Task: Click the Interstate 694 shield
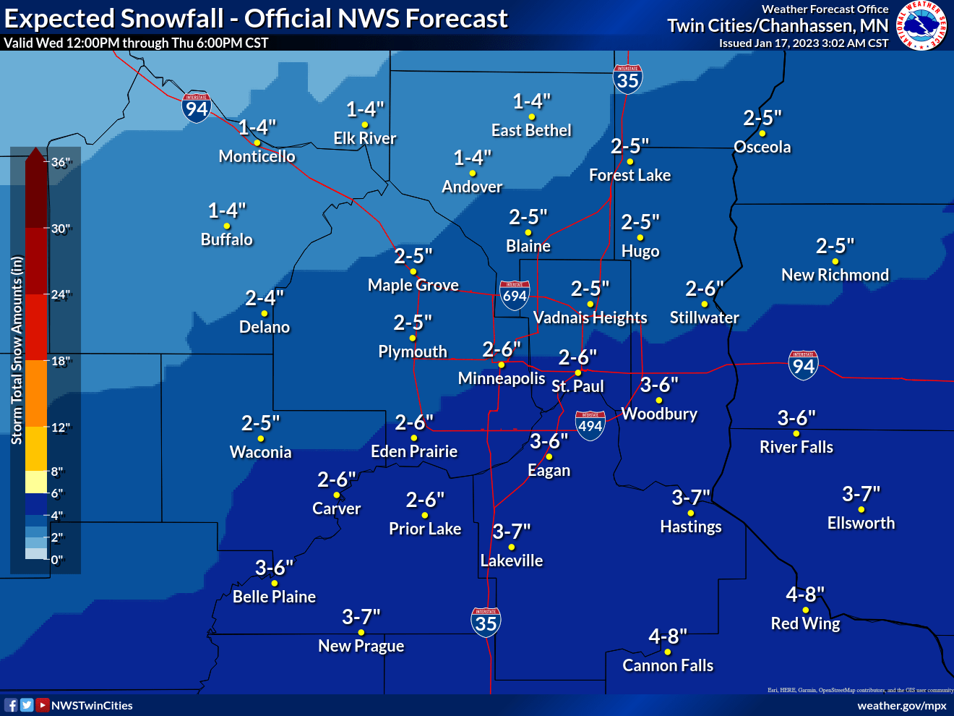[515, 295]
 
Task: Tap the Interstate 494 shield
[590, 425]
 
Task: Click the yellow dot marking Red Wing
[805, 610]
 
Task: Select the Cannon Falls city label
[668, 665]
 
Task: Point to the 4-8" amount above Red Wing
[805, 594]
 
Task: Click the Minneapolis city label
[502, 378]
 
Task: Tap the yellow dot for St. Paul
[577, 372]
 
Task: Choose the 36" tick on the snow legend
[61, 162]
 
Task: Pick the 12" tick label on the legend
[61, 427]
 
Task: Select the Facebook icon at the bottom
[11, 705]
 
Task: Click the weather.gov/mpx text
[901, 705]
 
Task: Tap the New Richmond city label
[835, 275]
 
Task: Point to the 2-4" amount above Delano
[265, 298]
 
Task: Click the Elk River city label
[365, 138]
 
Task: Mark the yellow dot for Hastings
[691, 513]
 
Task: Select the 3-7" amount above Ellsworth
[861, 494]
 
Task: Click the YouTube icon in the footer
[43, 705]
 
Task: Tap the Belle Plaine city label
[274, 597]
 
